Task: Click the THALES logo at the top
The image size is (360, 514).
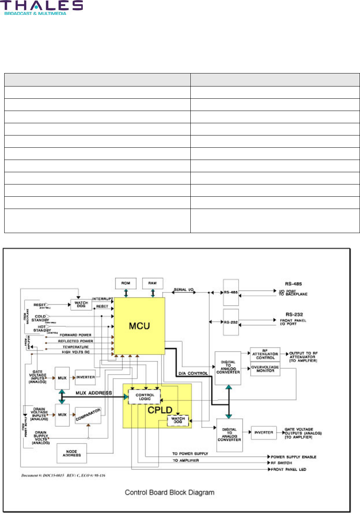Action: (42, 7)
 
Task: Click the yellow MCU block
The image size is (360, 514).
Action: (139, 326)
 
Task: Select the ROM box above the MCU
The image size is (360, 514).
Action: (126, 283)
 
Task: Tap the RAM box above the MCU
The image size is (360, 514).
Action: (152, 283)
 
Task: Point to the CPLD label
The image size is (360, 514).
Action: (160, 410)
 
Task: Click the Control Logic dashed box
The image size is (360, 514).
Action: (144, 397)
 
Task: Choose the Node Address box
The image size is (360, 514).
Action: (71, 454)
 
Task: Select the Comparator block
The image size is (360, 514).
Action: (88, 415)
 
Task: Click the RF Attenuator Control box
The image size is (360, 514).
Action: (265, 354)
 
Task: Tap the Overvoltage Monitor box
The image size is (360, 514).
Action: (265, 369)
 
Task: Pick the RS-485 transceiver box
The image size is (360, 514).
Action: (231, 292)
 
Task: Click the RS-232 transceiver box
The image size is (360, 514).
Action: (231, 322)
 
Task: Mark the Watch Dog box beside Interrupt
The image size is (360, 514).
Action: (81, 305)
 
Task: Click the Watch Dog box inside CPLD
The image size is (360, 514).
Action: (178, 420)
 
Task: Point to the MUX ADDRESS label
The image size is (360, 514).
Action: (94, 393)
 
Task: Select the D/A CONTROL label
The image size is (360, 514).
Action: (193, 373)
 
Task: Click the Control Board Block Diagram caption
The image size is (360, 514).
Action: (169, 493)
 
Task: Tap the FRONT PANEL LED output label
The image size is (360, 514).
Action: (288, 469)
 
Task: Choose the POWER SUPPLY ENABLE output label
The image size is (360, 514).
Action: (293, 457)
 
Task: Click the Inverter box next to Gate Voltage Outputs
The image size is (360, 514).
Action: (263, 432)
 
